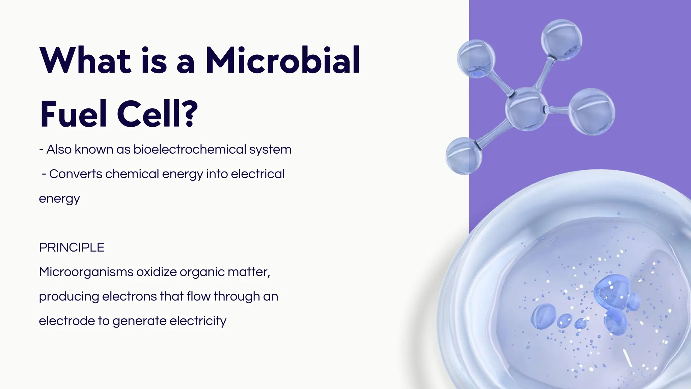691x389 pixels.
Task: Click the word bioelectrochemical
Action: (x=190, y=149)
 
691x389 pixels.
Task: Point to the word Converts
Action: (x=76, y=174)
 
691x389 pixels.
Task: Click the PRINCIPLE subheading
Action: (x=72, y=248)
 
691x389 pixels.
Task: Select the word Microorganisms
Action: (x=86, y=272)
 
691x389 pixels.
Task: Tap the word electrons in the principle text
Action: (x=129, y=296)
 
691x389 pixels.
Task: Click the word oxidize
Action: (x=156, y=272)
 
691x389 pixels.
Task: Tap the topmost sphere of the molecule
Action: (x=561, y=40)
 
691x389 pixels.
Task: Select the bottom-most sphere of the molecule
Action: (x=464, y=156)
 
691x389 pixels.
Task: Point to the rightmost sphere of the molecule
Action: (x=592, y=111)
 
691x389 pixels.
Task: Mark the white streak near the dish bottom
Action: (x=627, y=358)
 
